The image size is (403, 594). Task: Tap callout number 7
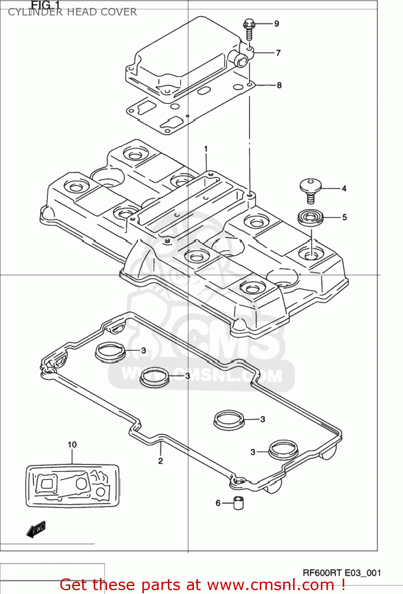click(x=278, y=53)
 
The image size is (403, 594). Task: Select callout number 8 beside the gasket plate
click(x=279, y=85)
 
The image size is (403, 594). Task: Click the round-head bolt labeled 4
click(x=310, y=189)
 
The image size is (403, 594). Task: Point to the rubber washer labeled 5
click(x=311, y=217)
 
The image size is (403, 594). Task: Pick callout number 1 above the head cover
click(x=206, y=149)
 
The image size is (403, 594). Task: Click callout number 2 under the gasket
click(x=160, y=461)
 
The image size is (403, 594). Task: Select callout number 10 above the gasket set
click(x=72, y=445)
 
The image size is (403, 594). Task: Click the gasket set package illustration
click(x=73, y=486)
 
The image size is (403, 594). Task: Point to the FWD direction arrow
click(x=36, y=529)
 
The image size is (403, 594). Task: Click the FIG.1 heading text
click(x=46, y=5)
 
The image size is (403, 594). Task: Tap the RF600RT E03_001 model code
click(x=342, y=573)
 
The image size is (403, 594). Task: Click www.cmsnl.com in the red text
click(x=271, y=585)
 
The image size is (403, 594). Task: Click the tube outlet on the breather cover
click(x=240, y=61)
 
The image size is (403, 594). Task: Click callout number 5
click(x=344, y=217)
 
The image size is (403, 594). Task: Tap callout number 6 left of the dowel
click(x=218, y=503)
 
